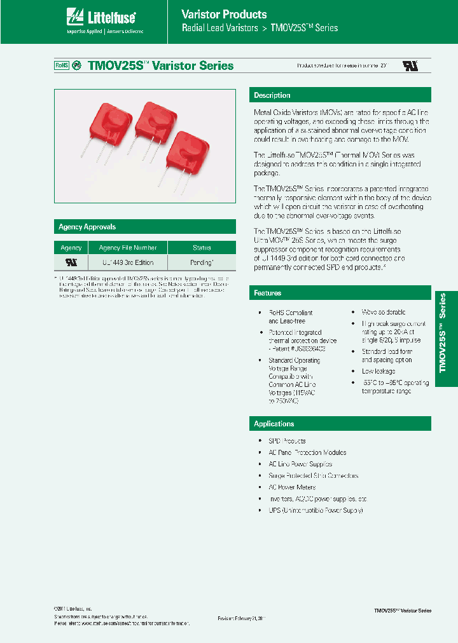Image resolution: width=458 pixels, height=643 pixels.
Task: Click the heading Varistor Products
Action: [x=224, y=14]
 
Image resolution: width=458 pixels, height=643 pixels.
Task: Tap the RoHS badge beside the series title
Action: [x=61, y=65]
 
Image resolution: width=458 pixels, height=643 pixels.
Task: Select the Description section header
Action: [x=272, y=95]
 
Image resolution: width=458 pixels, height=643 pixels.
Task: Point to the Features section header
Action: [x=268, y=293]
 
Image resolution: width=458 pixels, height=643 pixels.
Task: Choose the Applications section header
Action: [x=274, y=424]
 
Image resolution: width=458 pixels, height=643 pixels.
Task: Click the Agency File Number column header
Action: [x=128, y=248]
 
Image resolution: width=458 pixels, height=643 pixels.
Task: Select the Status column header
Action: [x=202, y=248]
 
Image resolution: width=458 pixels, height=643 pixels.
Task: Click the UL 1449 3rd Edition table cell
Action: [x=128, y=262]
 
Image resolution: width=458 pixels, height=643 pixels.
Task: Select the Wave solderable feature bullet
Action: [x=383, y=313]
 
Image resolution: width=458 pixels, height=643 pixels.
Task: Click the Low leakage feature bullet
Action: [x=378, y=371]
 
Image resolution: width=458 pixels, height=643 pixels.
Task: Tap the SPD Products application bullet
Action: [x=287, y=441]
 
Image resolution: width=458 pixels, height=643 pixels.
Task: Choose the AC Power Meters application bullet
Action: [x=293, y=487]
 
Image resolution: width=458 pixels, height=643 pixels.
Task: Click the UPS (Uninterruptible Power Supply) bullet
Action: [x=316, y=510]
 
